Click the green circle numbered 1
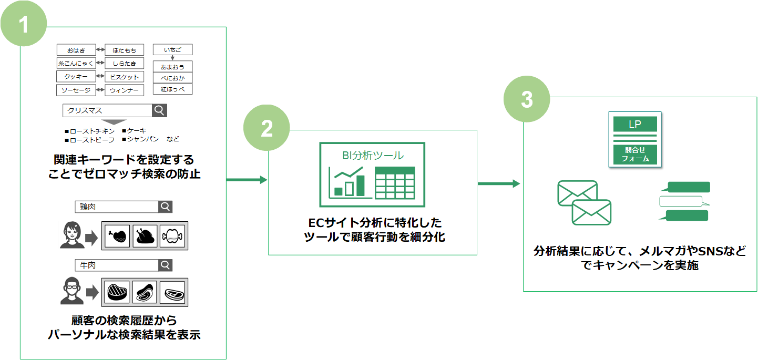tap(24, 23)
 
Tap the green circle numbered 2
tap(267, 128)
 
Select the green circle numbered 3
tap(527, 99)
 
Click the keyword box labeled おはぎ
tap(76, 50)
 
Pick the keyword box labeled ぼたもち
tap(124, 50)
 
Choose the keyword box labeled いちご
tap(172, 49)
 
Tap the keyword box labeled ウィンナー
tap(124, 90)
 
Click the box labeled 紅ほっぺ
tap(172, 89)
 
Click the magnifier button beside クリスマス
tap(159, 110)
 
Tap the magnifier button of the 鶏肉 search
tap(165, 207)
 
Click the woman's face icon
tap(72, 235)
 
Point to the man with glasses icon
tap(71, 291)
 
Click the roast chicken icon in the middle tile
tap(145, 236)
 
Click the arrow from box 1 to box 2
tap(247, 180)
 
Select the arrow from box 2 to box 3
tap(499, 184)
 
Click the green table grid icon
tap(395, 182)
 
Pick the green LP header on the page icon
tap(635, 124)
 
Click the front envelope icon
tap(591, 212)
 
